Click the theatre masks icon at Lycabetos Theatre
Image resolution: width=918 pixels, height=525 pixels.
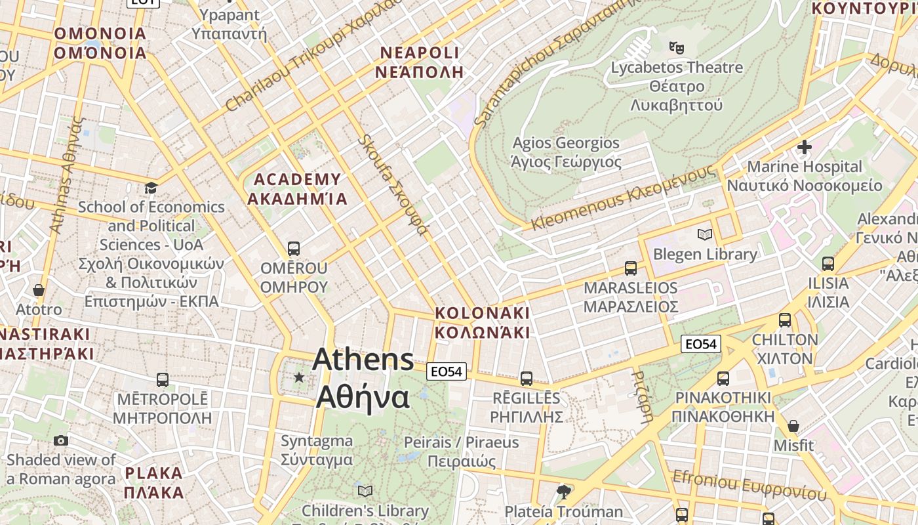[x=676, y=47]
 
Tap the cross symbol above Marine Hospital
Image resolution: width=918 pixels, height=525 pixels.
[x=805, y=147]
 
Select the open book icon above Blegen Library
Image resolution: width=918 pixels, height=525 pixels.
[x=705, y=234]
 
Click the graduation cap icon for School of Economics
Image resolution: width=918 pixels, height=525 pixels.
[x=151, y=188]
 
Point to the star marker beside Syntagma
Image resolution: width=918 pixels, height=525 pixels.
[x=299, y=377]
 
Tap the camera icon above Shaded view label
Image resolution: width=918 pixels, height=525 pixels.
[x=61, y=440]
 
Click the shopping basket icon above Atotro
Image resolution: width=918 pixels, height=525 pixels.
[x=39, y=290]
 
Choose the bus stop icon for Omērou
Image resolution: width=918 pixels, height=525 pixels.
[x=294, y=249]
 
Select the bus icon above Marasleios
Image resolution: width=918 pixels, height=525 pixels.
[x=630, y=268]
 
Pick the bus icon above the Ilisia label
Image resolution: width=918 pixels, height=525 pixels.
[x=828, y=264]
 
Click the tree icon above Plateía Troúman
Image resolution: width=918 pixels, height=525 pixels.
[x=563, y=492]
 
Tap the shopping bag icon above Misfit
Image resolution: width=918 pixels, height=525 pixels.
[x=793, y=426]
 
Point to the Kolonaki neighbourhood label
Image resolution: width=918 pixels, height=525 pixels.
[x=482, y=322]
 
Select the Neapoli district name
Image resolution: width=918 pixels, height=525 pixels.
[x=419, y=62]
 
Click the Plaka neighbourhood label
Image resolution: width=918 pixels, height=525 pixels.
[x=153, y=482]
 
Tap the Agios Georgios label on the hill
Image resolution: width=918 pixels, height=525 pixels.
[x=566, y=152]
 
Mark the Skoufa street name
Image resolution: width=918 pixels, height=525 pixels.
[x=393, y=185]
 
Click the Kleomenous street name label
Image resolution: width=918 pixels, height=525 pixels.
[x=623, y=198]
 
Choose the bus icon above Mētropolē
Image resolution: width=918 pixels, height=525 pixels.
[x=163, y=379]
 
